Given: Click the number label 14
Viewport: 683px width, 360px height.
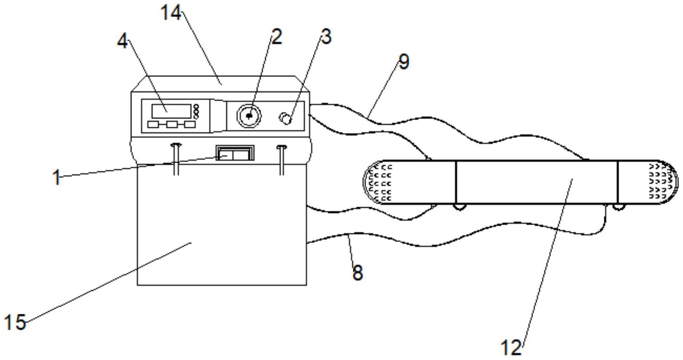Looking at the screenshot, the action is click(x=171, y=13).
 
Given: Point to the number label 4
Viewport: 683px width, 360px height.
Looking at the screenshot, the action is click(x=122, y=41).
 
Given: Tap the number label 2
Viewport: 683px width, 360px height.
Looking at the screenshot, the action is click(x=277, y=37).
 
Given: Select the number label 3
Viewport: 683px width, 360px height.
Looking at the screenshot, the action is click(x=326, y=37).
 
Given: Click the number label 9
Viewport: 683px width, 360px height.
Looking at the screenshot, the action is click(x=404, y=62).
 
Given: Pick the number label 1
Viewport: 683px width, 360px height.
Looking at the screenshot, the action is click(x=57, y=177).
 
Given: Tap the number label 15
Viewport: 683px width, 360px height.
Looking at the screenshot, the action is click(x=15, y=322).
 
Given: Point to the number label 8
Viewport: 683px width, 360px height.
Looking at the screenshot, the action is click(x=358, y=272).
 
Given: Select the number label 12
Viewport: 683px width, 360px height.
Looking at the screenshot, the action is click(x=511, y=347).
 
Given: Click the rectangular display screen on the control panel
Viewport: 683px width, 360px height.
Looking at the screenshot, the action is click(x=172, y=111).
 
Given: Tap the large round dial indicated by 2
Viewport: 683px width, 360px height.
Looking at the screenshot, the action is click(x=249, y=116).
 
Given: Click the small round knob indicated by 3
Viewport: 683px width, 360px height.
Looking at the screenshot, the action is click(x=286, y=118).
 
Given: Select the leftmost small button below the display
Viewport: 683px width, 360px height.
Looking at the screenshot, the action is click(x=153, y=124).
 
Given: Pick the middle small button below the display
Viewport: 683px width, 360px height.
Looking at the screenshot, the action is click(x=172, y=124).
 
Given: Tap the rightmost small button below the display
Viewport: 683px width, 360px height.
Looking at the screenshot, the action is click(x=190, y=124).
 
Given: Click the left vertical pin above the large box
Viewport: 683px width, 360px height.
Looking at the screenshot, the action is click(x=176, y=159).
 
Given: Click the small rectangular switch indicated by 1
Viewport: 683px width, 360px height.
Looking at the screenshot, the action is click(x=235, y=153).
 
